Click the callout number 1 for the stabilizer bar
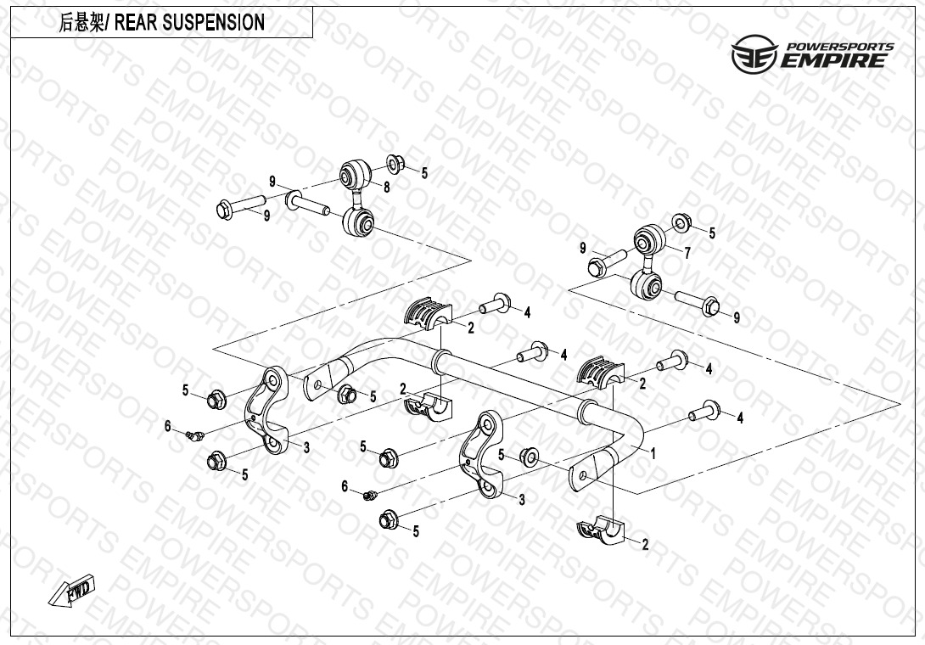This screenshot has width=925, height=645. click(x=653, y=453)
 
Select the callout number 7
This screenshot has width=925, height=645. click(x=687, y=253)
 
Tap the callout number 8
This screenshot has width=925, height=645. click(x=386, y=188)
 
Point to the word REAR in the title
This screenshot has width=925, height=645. click(x=135, y=22)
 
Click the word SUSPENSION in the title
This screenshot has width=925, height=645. click(x=213, y=22)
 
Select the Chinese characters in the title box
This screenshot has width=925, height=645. click(x=81, y=23)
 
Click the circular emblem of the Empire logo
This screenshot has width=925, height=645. click(x=754, y=53)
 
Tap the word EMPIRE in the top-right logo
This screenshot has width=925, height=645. click(x=834, y=60)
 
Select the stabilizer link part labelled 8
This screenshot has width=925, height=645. click(x=357, y=199)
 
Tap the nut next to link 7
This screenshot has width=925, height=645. click(x=682, y=222)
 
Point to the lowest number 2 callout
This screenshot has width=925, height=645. click(x=645, y=544)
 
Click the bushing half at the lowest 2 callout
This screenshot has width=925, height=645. click(x=599, y=528)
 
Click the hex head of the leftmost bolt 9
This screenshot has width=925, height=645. click(x=225, y=210)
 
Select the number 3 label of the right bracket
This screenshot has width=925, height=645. click(x=522, y=501)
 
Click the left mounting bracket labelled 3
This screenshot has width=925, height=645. click(x=267, y=409)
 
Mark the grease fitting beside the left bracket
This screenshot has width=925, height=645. click(x=194, y=435)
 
